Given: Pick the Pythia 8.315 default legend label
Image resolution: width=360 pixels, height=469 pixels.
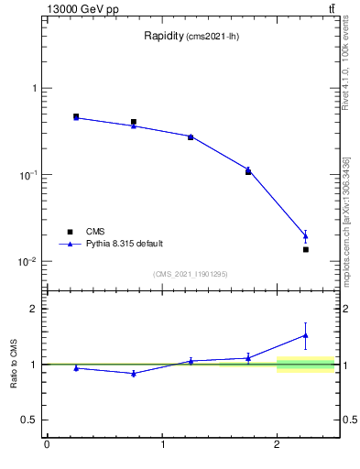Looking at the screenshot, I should coord(125,244).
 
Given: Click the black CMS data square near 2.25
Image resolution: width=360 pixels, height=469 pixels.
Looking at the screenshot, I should coord(306,249).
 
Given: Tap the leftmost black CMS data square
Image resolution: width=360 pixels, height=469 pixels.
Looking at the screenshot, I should coord(76,116).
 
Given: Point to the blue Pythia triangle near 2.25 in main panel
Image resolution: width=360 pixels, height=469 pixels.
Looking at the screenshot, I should coord(306,236).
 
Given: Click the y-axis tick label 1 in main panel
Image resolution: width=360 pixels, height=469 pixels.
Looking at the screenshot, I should coord(34,89).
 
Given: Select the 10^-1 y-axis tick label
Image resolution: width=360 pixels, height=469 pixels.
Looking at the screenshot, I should coord(29,175).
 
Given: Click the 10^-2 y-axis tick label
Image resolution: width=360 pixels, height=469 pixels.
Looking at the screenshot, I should coord(29,262).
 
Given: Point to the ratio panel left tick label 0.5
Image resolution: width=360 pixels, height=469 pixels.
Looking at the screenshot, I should coord(30,420).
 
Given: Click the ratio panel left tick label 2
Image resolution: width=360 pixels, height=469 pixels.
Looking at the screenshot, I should coord(34,309).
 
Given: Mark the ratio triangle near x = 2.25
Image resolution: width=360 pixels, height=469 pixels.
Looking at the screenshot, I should coord(306,335).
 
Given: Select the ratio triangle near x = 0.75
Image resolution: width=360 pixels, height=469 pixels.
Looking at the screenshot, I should coord(134,374).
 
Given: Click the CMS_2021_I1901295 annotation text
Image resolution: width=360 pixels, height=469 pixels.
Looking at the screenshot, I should coord(191,275).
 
